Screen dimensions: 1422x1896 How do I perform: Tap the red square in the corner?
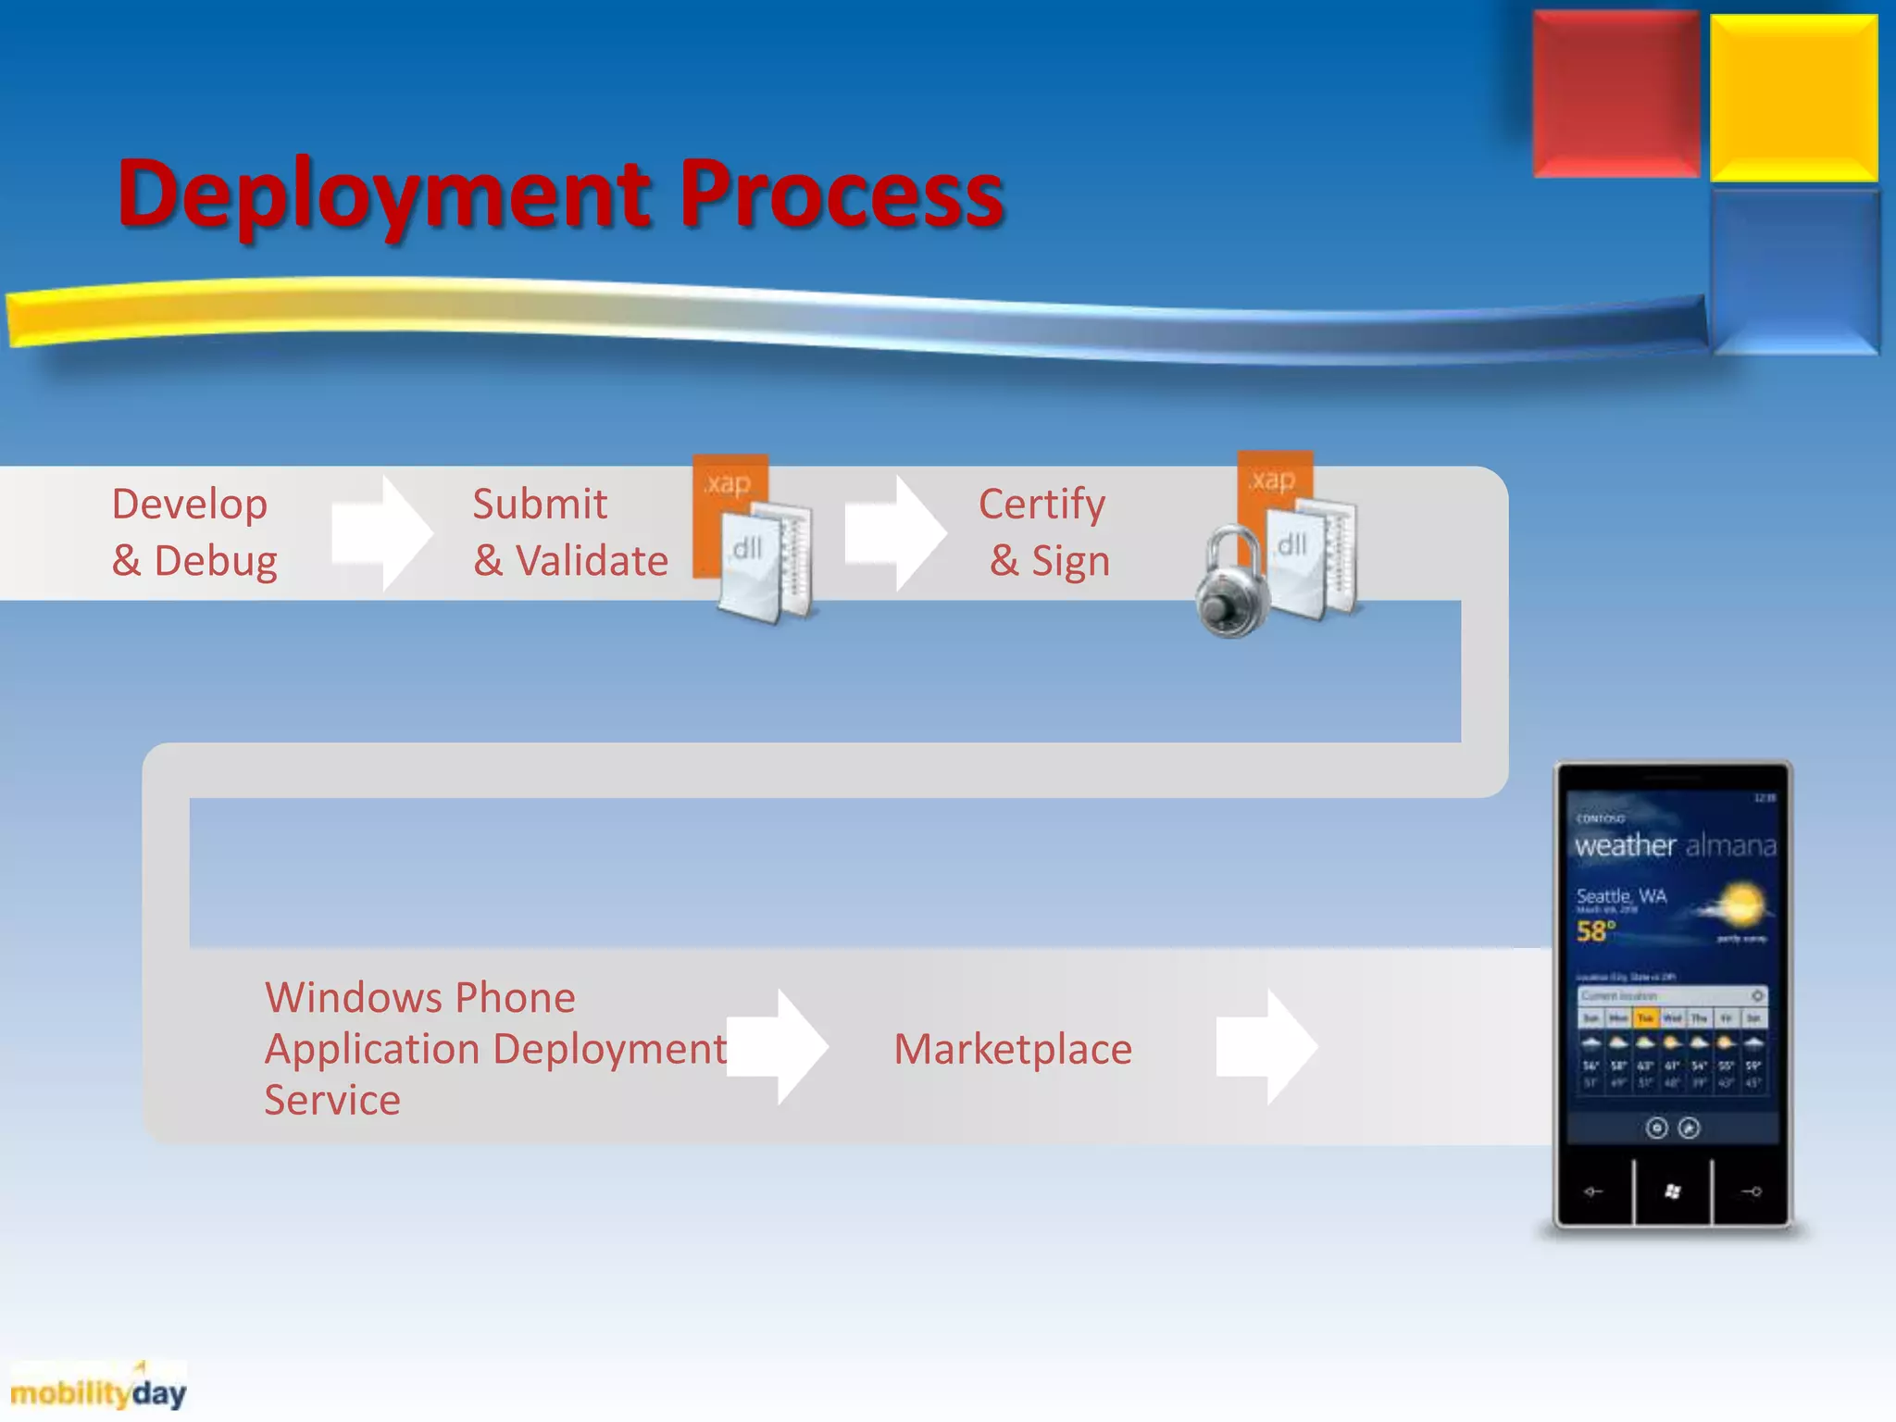[x=1615, y=94]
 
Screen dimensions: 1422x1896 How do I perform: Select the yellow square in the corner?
[x=1793, y=97]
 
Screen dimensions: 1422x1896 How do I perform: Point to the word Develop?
[x=190, y=505]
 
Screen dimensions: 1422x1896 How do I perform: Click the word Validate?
[x=592, y=561]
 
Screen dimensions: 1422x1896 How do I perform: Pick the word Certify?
[x=1042, y=505]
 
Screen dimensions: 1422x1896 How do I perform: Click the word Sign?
[x=1070, y=561]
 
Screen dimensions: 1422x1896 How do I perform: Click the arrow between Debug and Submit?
[x=382, y=533]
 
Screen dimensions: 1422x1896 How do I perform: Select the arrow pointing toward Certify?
[x=895, y=533]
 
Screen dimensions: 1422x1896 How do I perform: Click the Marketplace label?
[x=1013, y=1049]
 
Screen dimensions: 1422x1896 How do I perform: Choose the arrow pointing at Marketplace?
[x=777, y=1047]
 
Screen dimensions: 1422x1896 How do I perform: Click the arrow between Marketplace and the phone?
[x=1266, y=1047]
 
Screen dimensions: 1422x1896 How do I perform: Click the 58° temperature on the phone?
[x=1595, y=930]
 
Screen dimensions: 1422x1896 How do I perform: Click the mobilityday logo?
[x=98, y=1391]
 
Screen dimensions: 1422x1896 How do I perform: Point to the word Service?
[x=332, y=1100]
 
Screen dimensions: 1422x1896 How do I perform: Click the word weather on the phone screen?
[x=1625, y=845]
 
